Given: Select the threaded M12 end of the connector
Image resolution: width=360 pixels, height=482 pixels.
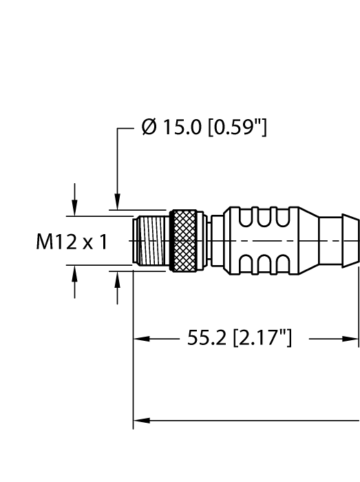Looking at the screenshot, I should (151, 241).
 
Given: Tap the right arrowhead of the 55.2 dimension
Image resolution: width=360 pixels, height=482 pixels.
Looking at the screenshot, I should (353, 339).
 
